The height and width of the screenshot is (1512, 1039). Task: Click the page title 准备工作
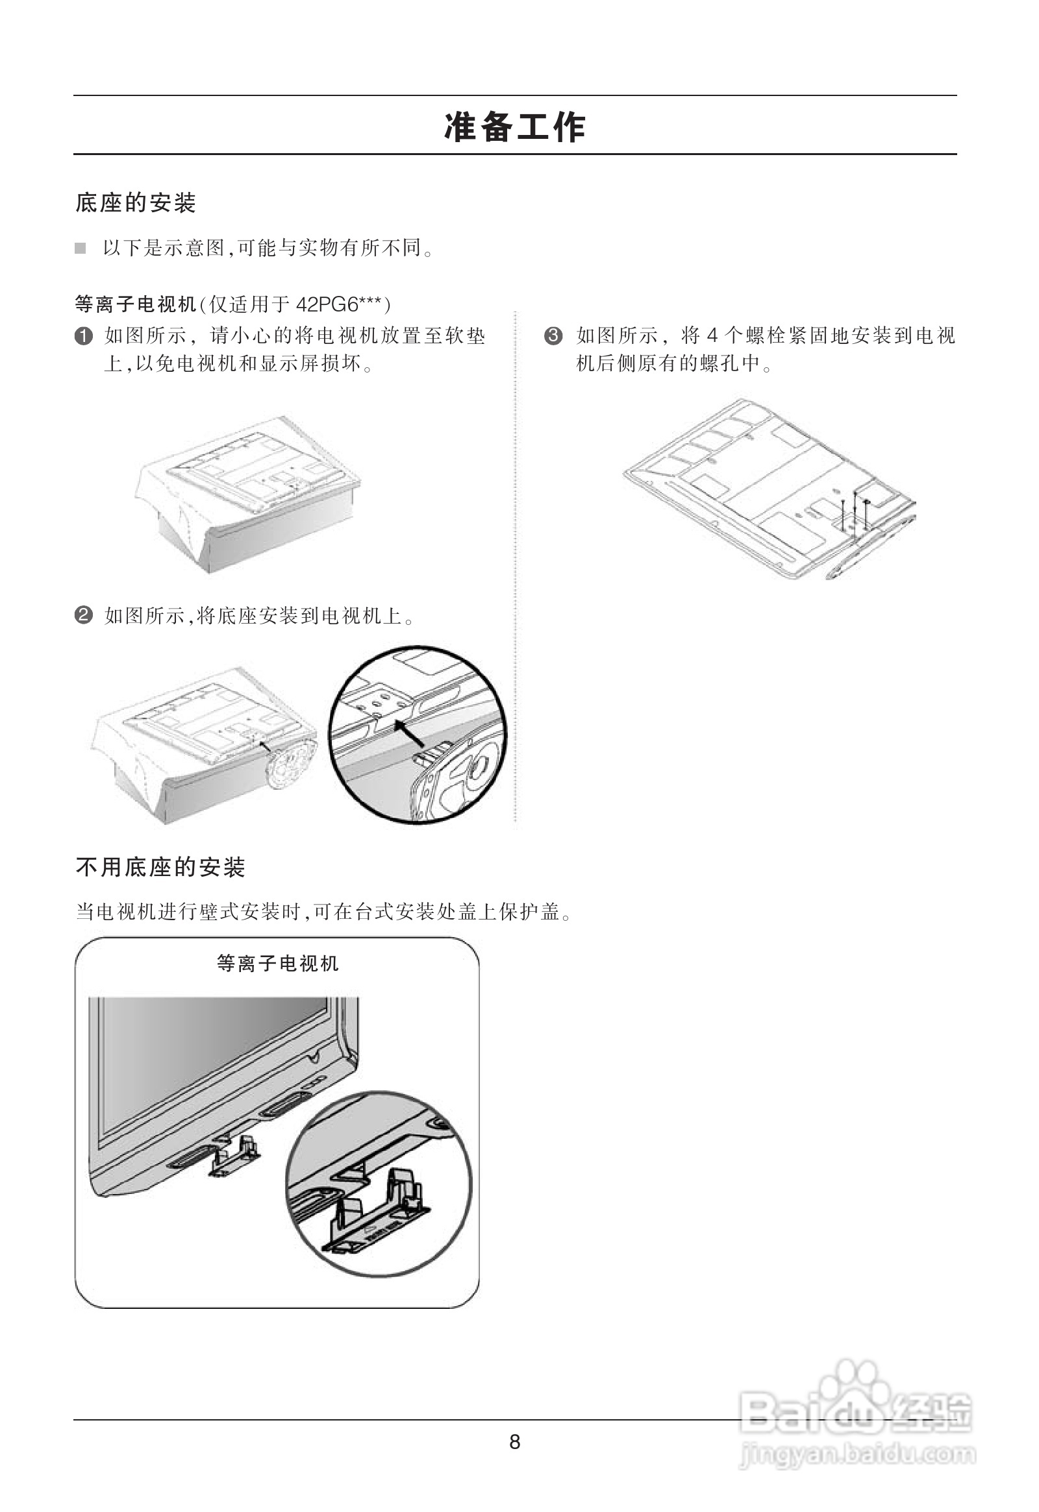tap(515, 127)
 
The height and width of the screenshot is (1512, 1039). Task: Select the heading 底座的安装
tap(136, 203)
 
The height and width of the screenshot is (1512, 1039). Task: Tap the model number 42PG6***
tap(341, 304)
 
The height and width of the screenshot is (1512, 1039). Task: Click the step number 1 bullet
tap(83, 336)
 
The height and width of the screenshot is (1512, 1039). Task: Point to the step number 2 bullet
tap(83, 615)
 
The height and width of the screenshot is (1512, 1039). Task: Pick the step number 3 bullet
tap(553, 336)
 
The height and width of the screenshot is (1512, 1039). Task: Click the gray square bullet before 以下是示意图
tap(80, 248)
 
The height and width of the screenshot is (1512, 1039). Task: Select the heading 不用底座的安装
tap(160, 867)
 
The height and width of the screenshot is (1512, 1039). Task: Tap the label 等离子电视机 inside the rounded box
tap(277, 963)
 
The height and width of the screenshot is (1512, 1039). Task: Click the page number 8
tap(514, 1443)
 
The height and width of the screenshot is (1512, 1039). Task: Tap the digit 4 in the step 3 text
tap(712, 336)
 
